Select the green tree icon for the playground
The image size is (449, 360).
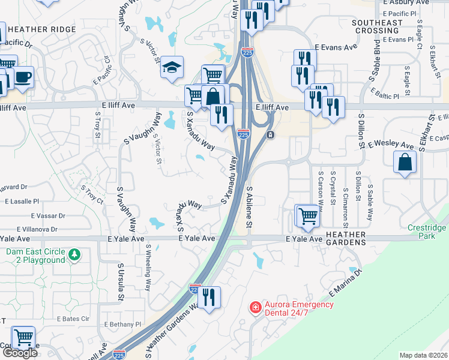[x=74, y=255]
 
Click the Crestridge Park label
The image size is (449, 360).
[x=425, y=232]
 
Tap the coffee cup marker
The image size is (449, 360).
[x=23, y=77]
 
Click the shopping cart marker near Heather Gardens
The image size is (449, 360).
[x=308, y=215]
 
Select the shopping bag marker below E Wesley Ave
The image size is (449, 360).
[x=405, y=161]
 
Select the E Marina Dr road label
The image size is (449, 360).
[x=346, y=283]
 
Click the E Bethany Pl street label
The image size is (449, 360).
[x=122, y=324]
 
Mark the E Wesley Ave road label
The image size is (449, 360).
[x=391, y=145]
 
